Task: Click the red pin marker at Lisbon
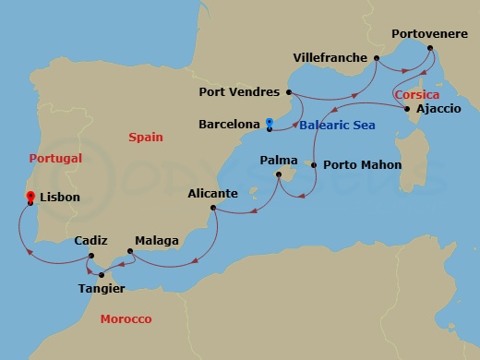coord(30,197)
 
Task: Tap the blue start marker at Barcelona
coord(269,123)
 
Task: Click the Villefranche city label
coord(331,57)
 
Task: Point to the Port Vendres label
coord(237,92)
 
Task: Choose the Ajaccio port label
coord(438,109)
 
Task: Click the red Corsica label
coord(416,95)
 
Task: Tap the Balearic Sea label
coord(329,125)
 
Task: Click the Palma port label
coord(278,160)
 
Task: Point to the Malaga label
coord(157,241)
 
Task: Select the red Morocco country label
coord(126,318)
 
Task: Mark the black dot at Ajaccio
coord(408,109)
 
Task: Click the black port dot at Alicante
coord(213,208)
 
